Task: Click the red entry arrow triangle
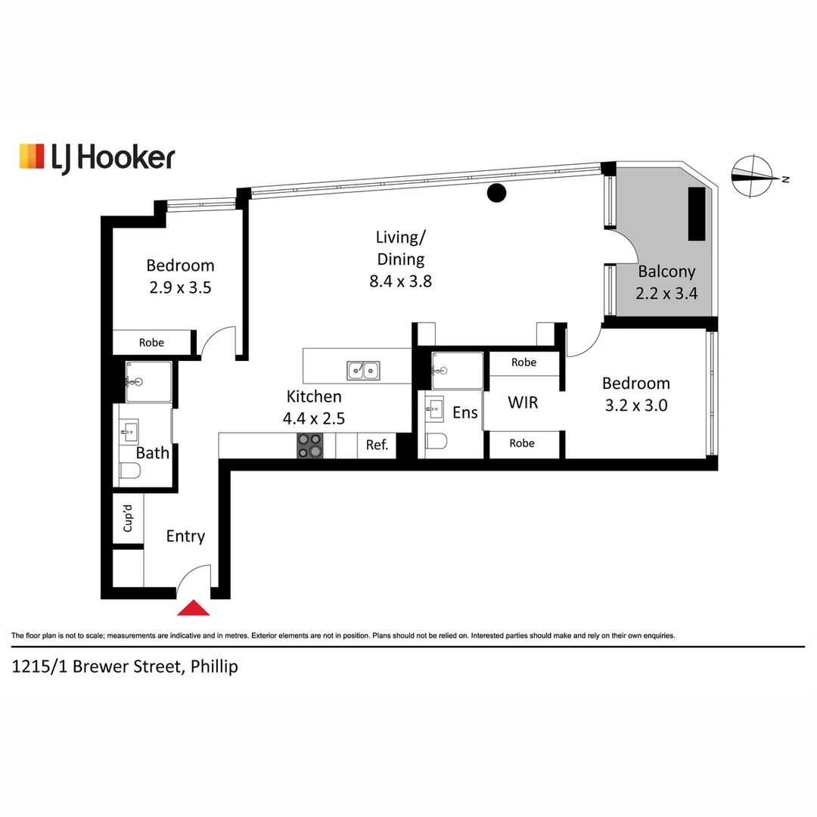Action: pyautogui.click(x=194, y=608)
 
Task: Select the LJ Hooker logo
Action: pyautogui.click(x=98, y=157)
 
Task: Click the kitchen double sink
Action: pyautogui.click(x=363, y=371)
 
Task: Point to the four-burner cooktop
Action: pyautogui.click(x=309, y=446)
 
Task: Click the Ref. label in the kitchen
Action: pyautogui.click(x=377, y=445)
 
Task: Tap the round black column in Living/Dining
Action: pyautogui.click(x=496, y=193)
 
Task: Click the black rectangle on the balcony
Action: pyautogui.click(x=697, y=214)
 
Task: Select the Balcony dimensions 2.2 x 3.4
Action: pyautogui.click(x=666, y=294)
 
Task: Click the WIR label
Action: pyautogui.click(x=523, y=402)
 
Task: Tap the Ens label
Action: pyautogui.click(x=464, y=413)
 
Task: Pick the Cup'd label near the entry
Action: pyautogui.click(x=128, y=518)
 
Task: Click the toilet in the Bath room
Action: pyautogui.click(x=130, y=471)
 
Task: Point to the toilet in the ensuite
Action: pyautogui.click(x=436, y=441)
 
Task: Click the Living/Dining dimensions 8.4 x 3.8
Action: pyautogui.click(x=401, y=281)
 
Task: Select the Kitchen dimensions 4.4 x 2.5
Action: pyautogui.click(x=314, y=418)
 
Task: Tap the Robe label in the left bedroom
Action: pyautogui.click(x=151, y=343)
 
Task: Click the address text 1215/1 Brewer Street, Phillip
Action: pyautogui.click(x=125, y=666)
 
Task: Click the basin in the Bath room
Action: pyautogui.click(x=129, y=431)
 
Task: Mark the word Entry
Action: pyautogui.click(x=185, y=536)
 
